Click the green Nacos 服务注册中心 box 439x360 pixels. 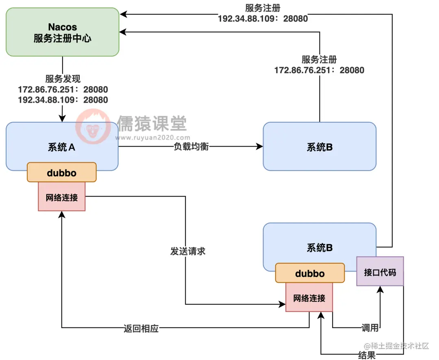[62, 33]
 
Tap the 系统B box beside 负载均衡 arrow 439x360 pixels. [319, 147]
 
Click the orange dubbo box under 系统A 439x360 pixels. [62, 172]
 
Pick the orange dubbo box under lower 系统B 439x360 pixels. [310, 273]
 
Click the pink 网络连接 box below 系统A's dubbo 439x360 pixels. [62, 197]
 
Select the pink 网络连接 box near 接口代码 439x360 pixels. [309, 298]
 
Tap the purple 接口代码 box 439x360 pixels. [380, 271]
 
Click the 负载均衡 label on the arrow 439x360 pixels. [191, 147]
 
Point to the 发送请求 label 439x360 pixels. [187, 251]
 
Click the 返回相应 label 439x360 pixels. [141, 328]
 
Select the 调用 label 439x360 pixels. [370, 327]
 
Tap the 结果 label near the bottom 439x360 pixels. [367, 355]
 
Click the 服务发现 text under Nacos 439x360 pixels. [63, 79]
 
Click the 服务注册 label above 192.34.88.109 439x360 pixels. [263, 8]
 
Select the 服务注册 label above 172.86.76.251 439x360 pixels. [319, 60]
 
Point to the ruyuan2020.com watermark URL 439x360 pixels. [153, 137]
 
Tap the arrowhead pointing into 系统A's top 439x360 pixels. [62, 118]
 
